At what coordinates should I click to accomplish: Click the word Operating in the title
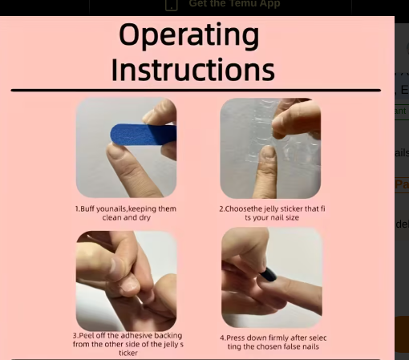pos(189,36)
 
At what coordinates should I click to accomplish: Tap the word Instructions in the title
pos(193,70)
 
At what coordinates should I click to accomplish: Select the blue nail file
pos(144,134)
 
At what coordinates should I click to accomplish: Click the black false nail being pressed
pos(268,274)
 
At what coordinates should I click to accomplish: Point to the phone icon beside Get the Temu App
pos(172,5)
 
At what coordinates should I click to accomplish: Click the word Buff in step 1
pos(87,208)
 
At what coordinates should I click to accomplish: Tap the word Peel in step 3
pos(86,335)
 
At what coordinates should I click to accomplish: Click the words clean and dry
pos(127,217)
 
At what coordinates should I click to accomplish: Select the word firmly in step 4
pos(277,338)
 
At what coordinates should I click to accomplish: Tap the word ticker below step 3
pos(128,353)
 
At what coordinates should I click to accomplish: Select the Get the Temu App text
pos(234,4)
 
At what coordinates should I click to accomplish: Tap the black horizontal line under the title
pos(196,91)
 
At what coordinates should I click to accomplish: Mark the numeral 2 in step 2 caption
pos(221,209)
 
